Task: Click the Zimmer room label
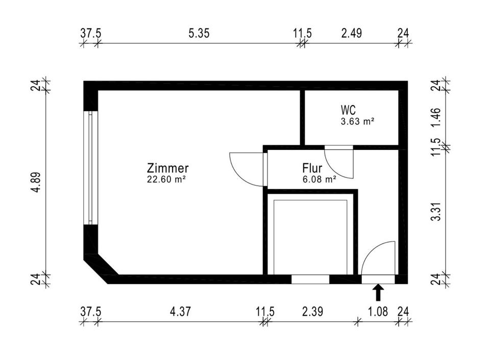[x=168, y=168]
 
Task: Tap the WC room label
[x=349, y=110]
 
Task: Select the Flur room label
[x=312, y=168]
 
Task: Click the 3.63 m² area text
[x=358, y=121]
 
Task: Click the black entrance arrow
[x=378, y=293]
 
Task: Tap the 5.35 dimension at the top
[x=199, y=33]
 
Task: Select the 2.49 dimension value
[x=352, y=33]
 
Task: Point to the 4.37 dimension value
[x=181, y=311]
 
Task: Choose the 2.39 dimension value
[x=312, y=311]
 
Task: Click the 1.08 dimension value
[x=378, y=311]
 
